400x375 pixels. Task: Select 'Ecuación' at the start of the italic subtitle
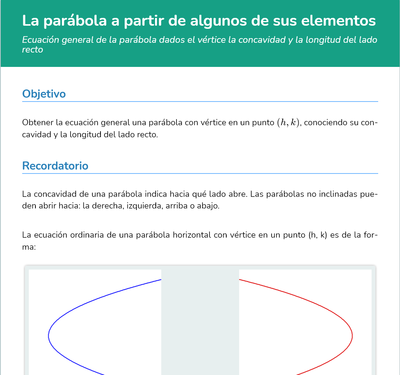[x=40, y=40]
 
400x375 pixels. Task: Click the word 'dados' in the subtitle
[x=173, y=40]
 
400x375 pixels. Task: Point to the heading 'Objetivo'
[x=44, y=94]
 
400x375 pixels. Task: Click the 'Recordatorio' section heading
[x=55, y=166]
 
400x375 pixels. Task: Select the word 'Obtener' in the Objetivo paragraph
[x=37, y=123]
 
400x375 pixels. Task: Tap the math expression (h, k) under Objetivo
[x=288, y=123]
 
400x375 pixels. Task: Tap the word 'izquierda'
[x=144, y=206]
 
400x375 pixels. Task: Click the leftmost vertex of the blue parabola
[x=49, y=335]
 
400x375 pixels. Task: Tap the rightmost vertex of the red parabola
[x=352, y=335]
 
